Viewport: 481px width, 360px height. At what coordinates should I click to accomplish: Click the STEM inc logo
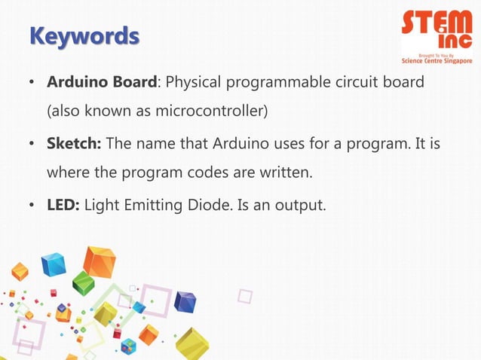pos(437,30)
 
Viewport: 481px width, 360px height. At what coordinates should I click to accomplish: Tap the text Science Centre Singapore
pos(437,61)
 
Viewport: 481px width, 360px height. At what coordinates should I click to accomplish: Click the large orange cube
pos(99,261)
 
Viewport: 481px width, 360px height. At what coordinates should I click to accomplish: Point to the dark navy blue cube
pos(185,302)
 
